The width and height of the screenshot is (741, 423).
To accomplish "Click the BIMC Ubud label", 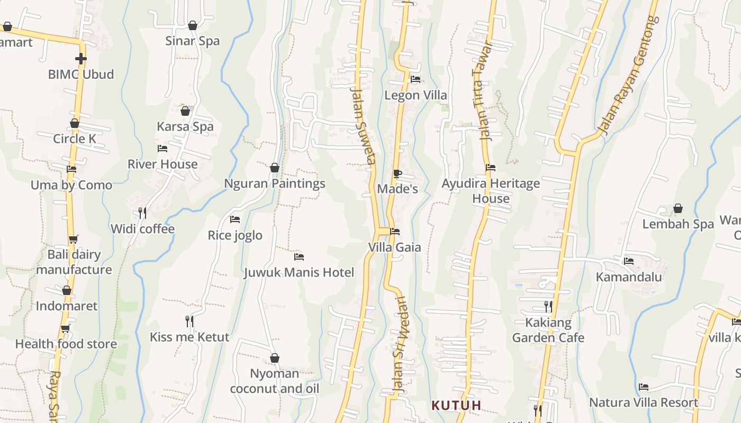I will point(81,74).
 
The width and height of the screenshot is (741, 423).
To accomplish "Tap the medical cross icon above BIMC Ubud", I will point(80,59).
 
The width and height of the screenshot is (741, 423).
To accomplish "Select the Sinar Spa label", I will point(192,41).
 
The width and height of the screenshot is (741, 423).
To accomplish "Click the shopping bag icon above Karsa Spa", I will point(185,111).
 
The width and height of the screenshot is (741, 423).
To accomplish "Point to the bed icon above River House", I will point(162,149).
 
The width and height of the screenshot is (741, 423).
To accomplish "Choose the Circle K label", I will point(75,139).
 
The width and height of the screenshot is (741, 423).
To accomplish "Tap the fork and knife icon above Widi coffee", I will point(142,213).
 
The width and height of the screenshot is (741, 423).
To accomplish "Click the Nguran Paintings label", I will point(275,183).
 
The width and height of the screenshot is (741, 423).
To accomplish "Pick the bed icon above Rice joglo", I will point(235,219).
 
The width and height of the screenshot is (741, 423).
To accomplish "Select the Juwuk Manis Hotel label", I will point(299,272).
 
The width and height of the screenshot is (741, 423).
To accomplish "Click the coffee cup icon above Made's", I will point(397,173).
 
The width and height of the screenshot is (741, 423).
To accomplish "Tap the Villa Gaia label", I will point(395,247).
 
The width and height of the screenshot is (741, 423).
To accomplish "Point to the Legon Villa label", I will point(415,95).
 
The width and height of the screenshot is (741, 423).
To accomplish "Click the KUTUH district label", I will point(456,406).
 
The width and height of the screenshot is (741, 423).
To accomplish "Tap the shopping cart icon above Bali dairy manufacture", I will point(74,239).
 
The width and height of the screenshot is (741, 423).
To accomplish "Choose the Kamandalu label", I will point(629,277).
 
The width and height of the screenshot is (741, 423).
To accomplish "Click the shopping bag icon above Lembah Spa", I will point(678,209).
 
